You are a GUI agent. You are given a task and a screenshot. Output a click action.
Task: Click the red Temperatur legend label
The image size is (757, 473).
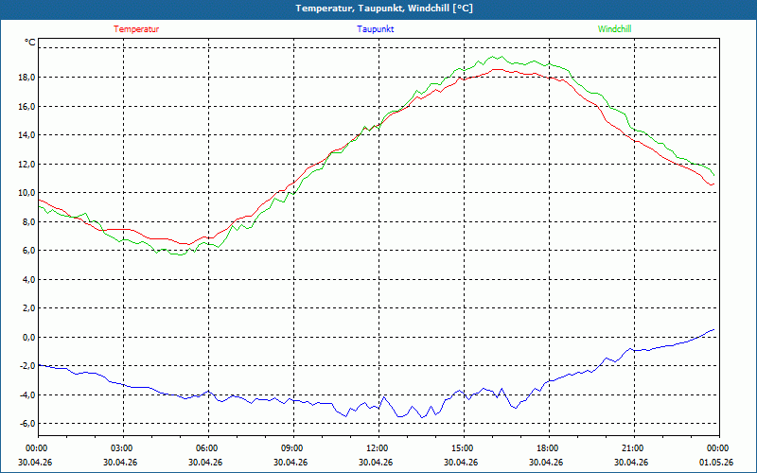click(x=136, y=29)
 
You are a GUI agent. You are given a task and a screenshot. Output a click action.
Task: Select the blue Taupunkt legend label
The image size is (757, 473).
click(x=375, y=29)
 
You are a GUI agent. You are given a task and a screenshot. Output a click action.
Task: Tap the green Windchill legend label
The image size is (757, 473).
click(x=614, y=29)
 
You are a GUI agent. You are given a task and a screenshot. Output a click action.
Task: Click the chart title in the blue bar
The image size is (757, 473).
click(x=384, y=9)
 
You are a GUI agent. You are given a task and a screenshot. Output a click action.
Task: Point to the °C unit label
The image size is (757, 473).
click(x=30, y=43)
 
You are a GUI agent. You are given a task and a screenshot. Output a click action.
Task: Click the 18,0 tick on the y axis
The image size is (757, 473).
click(x=26, y=78)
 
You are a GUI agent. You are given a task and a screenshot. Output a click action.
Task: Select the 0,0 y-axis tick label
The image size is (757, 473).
click(x=28, y=337)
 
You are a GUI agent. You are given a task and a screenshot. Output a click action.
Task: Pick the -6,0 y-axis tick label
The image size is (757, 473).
click(x=26, y=423)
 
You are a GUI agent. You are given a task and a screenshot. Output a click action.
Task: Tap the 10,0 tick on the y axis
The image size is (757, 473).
click(x=26, y=193)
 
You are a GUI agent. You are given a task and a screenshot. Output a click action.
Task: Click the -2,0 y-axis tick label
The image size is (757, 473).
click(x=26, y=366)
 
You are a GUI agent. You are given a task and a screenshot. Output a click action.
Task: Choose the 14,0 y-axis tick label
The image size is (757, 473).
click(x=26, y=135)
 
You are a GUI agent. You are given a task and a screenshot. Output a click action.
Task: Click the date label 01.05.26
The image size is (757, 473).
click(x=716, y=463)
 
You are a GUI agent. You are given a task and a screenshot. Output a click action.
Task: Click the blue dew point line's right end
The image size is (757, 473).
click(x=714, y=329)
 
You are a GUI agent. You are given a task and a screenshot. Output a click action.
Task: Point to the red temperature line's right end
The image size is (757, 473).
click(x=714, y=184)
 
